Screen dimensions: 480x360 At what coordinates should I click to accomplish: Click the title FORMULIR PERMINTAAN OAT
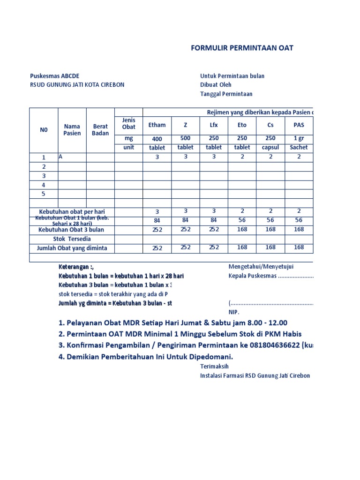tap(242, 48)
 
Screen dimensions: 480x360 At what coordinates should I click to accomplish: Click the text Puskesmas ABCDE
tap(55, 76)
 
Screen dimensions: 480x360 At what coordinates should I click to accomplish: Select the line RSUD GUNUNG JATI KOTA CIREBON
tap(77, 85)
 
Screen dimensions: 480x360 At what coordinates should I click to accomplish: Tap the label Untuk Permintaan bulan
tap(232, 76)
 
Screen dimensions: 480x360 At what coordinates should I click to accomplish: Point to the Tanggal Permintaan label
tap(226, 94)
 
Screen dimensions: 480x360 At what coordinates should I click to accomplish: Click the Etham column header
tap(157, 125)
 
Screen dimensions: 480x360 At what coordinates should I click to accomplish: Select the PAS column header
tap(299, 125)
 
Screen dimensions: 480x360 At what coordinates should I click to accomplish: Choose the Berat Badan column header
tap(100, 130)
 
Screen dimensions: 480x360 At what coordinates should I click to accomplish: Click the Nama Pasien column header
tap(72, 130)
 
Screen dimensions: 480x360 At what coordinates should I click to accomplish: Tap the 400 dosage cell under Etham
tap(157, 139)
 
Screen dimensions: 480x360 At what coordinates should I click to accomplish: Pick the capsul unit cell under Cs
tap(270, 147)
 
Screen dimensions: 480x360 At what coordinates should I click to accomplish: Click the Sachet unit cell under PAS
tap(299, 147)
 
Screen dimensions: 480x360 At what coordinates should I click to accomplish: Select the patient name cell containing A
tap(60, 157)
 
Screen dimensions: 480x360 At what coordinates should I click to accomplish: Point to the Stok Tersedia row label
tap(72, 239)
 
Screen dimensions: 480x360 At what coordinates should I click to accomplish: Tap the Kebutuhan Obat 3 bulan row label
tap(71, 230)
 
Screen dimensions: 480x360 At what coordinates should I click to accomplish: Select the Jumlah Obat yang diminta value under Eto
tap(242, 247)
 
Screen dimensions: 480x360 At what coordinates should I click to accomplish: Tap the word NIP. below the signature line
tap(233, 312)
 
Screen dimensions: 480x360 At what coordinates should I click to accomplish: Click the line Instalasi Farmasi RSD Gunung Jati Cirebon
tap(255, 376)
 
